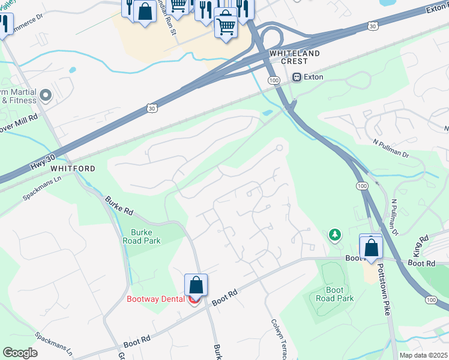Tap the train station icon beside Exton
[296, 77]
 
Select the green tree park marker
[334, 235]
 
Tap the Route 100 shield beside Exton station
[274, 80]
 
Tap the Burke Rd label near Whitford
[119, 205]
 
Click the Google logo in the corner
[20, 352]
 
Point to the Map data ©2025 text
[423, 355]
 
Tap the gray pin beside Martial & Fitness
[46, 95]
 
